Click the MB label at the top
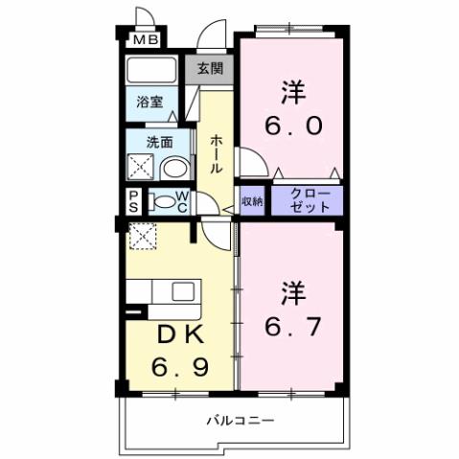pyautogui.click(x=146, y=40)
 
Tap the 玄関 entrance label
pyautogui.click(x=211, y=68)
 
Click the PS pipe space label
pyautogui.click(x=132, y=201)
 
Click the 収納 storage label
pyautogui.click(x=252, y=201)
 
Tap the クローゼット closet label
pyautogui.click(x=306, y=201)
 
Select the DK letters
pyautogui.click(x=176, y=335)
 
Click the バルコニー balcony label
pyautogui.click(x=241, y=421)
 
